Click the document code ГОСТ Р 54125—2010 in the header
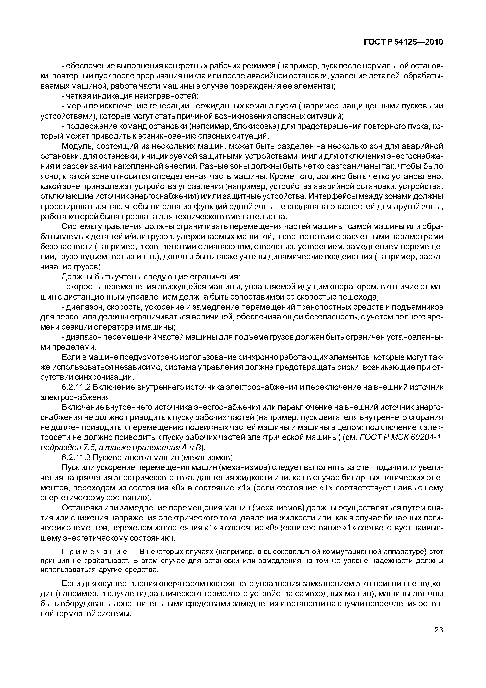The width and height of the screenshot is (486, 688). pos(403,42)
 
